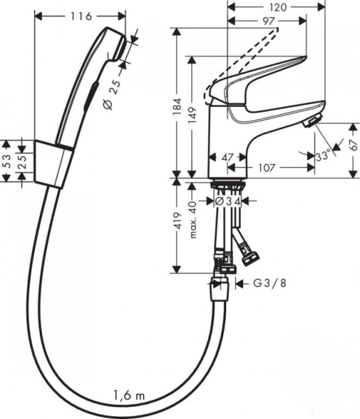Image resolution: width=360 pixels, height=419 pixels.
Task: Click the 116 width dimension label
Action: pyautogui.click(x=82, y=15)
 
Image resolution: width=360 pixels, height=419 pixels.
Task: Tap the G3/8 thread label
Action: pyautogui.click(x=267, y=284)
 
